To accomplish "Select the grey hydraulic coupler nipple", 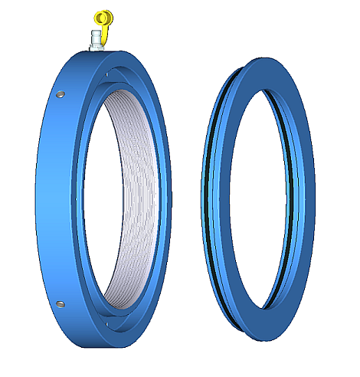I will [x=97, y=37].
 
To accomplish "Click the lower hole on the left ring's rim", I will [x=60, y=305].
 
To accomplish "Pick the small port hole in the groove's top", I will [x=115, y=74].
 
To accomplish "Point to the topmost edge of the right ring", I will [x=264, y=59].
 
